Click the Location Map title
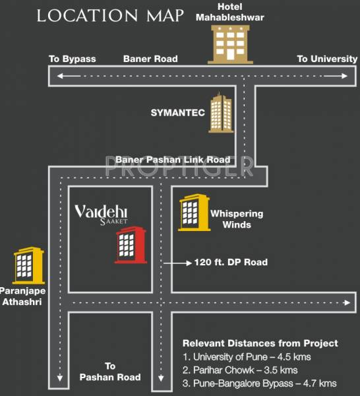tap(109, 15)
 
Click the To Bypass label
tap(73, 59)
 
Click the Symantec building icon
tap(220, 114)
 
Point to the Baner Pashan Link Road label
tap(173, 160)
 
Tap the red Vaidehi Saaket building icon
tap(130, 245)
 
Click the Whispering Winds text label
tap(237, 219)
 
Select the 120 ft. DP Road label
tap(231, 262)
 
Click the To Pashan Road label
tap(110, 371)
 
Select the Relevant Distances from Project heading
tap(260, 343)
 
